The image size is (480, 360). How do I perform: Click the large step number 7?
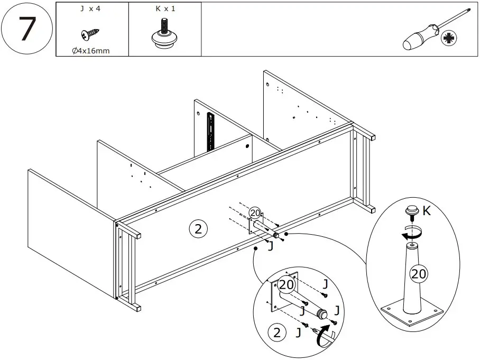(x=27, y=29)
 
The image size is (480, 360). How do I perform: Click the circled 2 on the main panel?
(x=197, y=229)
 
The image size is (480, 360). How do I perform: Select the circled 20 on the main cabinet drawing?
(x=255, y=213)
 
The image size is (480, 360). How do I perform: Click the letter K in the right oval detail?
(x=427, y=211)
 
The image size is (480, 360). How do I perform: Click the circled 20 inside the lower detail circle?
(x=286, y=284)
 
